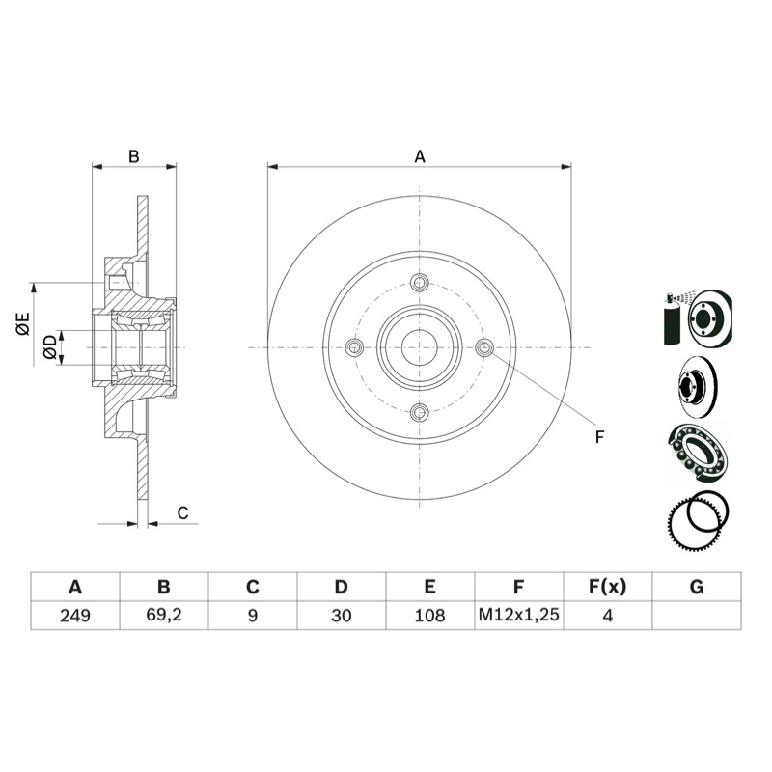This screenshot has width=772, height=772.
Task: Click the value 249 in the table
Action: coord(75,616)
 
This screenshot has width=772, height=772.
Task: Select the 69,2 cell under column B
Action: coord(164,615)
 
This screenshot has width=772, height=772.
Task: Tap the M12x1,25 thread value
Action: coord(519,615)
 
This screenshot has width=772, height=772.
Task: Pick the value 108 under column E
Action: coord(429,616)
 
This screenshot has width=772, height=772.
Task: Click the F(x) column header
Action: coord(608,587)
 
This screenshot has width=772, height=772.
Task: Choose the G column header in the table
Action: coord(697,587)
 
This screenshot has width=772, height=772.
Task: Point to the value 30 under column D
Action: coord(342,616)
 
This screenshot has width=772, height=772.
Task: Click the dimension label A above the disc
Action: coord(420,156)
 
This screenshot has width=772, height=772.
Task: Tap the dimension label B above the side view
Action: coord(134,156)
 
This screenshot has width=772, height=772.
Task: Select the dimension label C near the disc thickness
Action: coord(182,513)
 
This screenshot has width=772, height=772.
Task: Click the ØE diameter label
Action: coord(23,324)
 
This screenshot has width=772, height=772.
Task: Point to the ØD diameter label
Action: coord(50,346)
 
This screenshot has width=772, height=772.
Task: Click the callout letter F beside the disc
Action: coord(599,437)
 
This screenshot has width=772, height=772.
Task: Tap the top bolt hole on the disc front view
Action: coord(420,282)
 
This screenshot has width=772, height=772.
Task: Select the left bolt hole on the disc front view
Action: coord(354,347)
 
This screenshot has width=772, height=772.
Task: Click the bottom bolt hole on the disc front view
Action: coord(420,413)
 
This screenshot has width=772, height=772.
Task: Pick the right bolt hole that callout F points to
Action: coord(484,347)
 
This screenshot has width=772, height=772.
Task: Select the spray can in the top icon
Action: coord(671,320)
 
